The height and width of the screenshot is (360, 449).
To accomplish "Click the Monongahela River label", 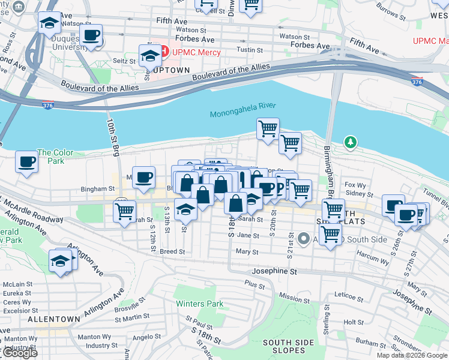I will point(243,106).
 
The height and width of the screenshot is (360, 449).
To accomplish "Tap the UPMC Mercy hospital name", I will point(196,52).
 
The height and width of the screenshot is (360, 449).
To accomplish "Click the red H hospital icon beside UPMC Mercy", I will point(164,52).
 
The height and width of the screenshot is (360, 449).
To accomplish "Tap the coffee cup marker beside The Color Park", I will point(26,161).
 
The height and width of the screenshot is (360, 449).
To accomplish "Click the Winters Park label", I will point(199,304).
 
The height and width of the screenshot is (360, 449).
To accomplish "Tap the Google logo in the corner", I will point(19,353).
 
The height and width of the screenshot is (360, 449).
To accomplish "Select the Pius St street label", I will point(255,283).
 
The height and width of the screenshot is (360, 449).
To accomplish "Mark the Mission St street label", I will point(294,298).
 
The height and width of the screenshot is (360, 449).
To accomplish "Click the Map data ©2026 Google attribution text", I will point(412,355).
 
